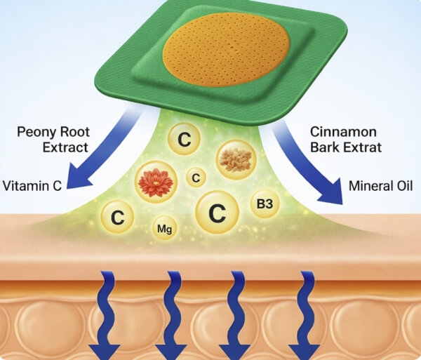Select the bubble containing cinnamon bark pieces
236,159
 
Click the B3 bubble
265,204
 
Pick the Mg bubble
165,229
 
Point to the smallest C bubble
196,178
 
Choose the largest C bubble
217,213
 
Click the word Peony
36,133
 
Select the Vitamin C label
32,186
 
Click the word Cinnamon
343,132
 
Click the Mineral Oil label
381,186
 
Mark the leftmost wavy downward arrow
107,314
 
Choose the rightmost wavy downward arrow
306,314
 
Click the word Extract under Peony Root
65,147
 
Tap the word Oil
405,186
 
